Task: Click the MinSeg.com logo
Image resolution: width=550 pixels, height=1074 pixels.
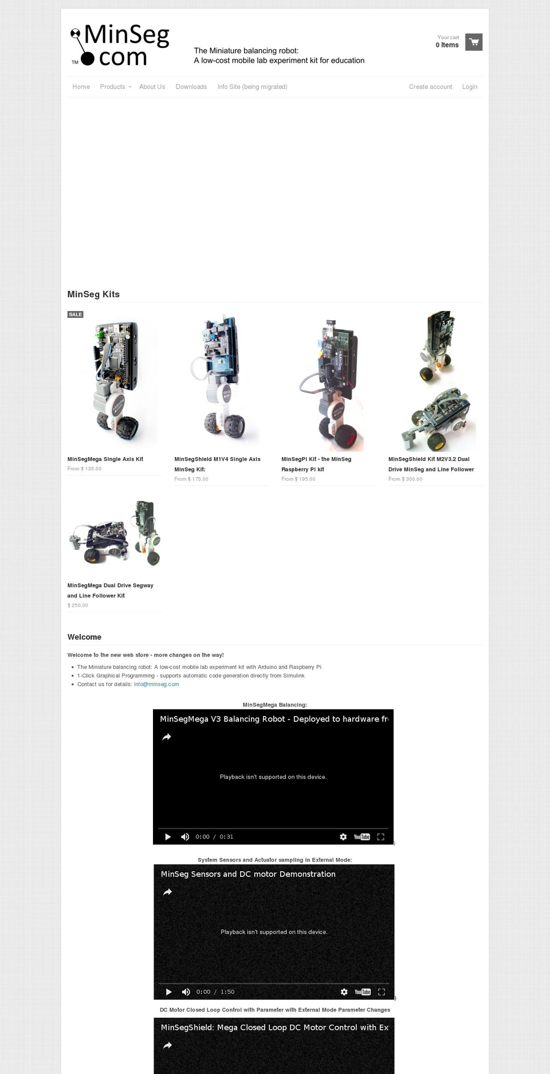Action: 120,45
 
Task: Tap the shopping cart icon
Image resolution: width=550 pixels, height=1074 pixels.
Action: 474,42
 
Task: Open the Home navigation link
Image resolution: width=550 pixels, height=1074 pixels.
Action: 81,87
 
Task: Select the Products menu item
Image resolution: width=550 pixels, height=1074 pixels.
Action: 113,87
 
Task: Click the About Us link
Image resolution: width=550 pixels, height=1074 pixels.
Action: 152,87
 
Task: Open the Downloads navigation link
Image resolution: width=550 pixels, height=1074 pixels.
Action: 191,87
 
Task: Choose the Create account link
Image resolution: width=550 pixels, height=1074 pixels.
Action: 430,87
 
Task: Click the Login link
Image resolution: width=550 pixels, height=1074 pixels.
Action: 469,87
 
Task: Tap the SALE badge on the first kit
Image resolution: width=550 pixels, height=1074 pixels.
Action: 76,314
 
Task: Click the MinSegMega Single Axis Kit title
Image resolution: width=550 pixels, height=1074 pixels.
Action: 105,459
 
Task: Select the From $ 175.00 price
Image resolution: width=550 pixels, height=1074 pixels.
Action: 191,479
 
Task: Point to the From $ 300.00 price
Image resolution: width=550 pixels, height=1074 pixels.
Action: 405,479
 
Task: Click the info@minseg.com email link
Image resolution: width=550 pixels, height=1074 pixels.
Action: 156,684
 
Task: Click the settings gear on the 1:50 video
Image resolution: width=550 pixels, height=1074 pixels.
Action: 344,992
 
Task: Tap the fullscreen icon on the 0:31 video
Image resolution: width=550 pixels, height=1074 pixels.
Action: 380,837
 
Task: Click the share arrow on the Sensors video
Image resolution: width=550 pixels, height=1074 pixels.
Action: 167,892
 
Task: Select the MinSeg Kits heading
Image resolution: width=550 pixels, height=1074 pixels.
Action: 93,294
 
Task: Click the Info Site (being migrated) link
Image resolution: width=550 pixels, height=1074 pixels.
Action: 252,87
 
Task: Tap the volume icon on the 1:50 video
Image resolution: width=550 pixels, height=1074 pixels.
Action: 186,992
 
